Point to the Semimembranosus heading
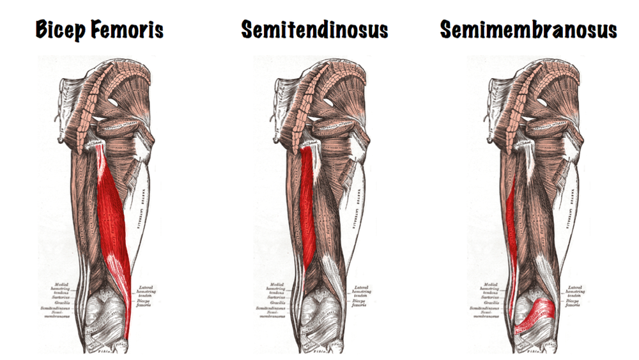[x=527, y=29]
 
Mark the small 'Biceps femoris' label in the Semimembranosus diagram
[x=571, y=303]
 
